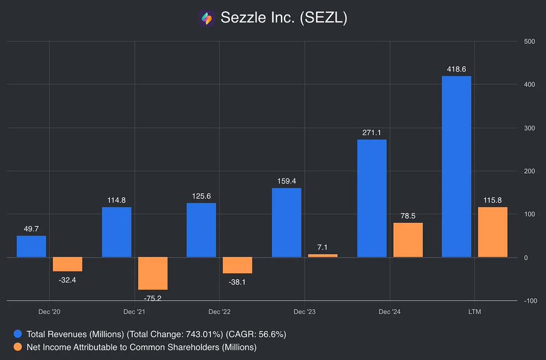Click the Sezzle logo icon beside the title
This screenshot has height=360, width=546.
click(x=207, y=18)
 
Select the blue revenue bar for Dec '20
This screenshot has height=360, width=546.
click(x=31, y=246)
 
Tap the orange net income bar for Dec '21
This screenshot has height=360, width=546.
click(x=153, y=273)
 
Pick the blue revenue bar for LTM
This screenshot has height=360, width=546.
click(x=456, y=166)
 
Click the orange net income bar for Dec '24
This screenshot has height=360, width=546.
click(x=408, y=240)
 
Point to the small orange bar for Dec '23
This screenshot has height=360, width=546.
click(x=323, y=256)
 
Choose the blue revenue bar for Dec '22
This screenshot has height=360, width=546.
click(x=201, y=229)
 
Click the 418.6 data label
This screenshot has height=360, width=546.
click(x=456, y=70)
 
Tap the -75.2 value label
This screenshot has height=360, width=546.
click(x=153, y=297)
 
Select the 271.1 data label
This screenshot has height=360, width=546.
click(x=372, y=133)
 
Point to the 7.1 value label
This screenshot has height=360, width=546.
click(x=323, y=247)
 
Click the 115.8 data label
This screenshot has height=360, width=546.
click(x=493, y=200)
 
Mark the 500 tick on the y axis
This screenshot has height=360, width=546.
click(x=528, y=41)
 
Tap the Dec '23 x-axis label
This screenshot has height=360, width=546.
click(x=305, y=312)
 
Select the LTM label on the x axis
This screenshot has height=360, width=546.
click(x=474, y=312)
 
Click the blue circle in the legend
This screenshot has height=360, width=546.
click(x=18, y=334)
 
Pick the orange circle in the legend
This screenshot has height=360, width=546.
click(x=18, y=347)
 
